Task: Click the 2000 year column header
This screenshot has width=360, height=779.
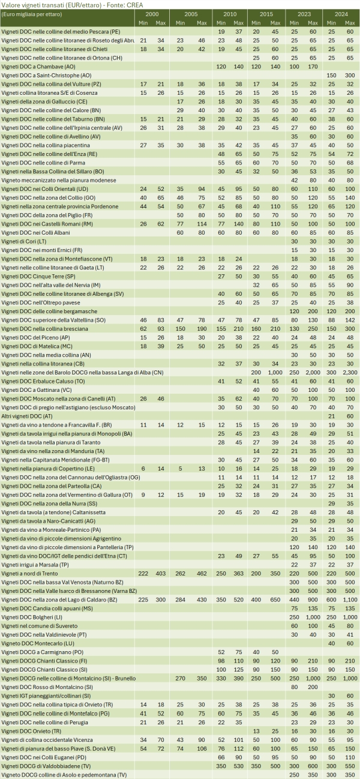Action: click(152, 13)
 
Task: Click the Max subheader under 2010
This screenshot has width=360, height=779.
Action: click(239, 22)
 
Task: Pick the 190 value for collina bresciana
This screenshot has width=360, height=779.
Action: click(201, 329)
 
